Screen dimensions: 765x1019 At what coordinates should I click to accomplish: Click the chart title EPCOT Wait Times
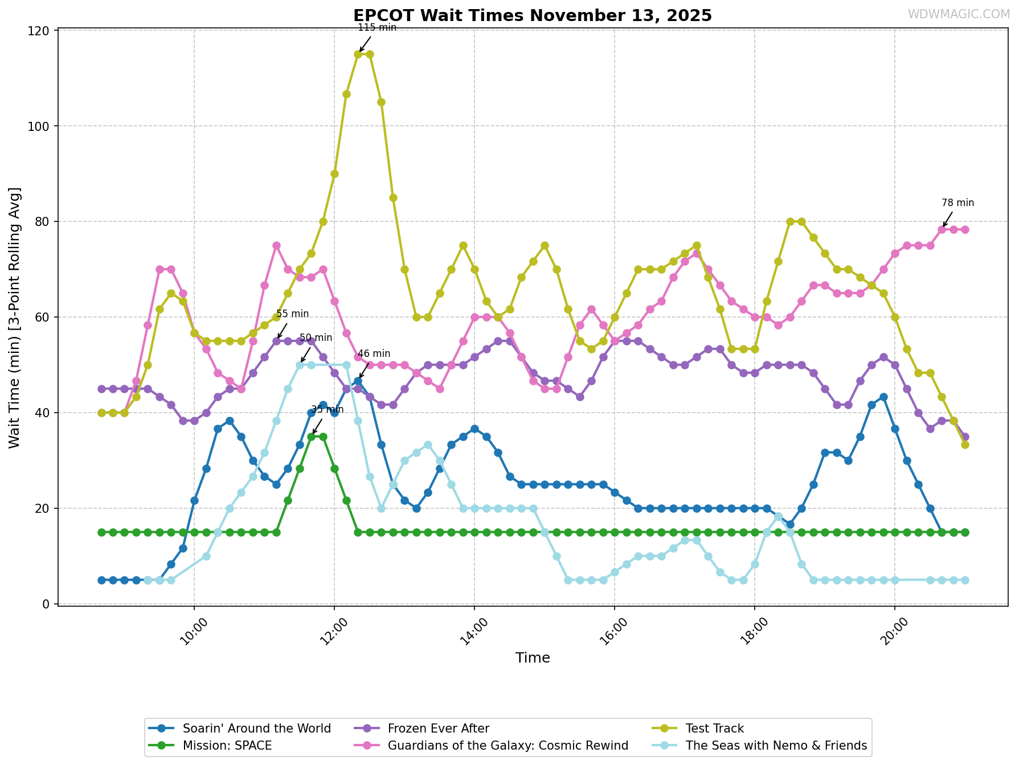click(x=532, y=15)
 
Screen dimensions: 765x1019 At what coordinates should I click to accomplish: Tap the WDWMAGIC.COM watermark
click(x=958, y=14)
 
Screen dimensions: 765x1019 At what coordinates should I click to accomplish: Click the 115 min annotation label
click(x=377, y=28)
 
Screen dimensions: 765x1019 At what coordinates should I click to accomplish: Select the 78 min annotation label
click(x=957, y=203)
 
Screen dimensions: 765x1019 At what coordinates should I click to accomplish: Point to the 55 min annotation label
click(x=292, y=314)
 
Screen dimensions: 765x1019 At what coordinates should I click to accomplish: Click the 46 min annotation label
click(x=374, y=353)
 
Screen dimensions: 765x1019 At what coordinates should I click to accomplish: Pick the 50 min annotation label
click(x=316, y=338)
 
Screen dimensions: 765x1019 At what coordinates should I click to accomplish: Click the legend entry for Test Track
click(x=715, y=729)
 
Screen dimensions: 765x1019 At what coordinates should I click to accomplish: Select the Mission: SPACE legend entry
click(x=227, y=746)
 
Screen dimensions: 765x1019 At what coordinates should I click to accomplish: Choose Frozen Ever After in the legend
click(x=438, y=729)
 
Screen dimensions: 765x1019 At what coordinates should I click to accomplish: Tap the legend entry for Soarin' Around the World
click(x=256, y=729)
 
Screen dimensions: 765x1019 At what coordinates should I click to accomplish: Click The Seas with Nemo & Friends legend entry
click(x=776, y=746)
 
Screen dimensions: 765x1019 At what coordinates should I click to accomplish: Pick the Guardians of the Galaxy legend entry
click(x=508, y=746)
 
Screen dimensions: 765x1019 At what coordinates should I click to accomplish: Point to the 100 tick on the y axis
click(x=39, y=126)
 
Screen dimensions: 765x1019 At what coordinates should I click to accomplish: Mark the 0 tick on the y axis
click(x=47, y=604)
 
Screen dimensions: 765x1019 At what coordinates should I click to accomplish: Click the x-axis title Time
click(x=533, y=658)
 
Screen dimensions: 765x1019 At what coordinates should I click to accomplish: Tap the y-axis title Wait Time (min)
click(x=15, y=318)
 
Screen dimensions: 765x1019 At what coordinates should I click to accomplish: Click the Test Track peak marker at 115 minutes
click(x=358, y=54)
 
